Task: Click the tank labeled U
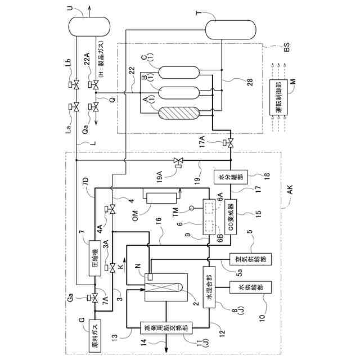pos(84,25)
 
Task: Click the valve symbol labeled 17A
pos(228,143)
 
